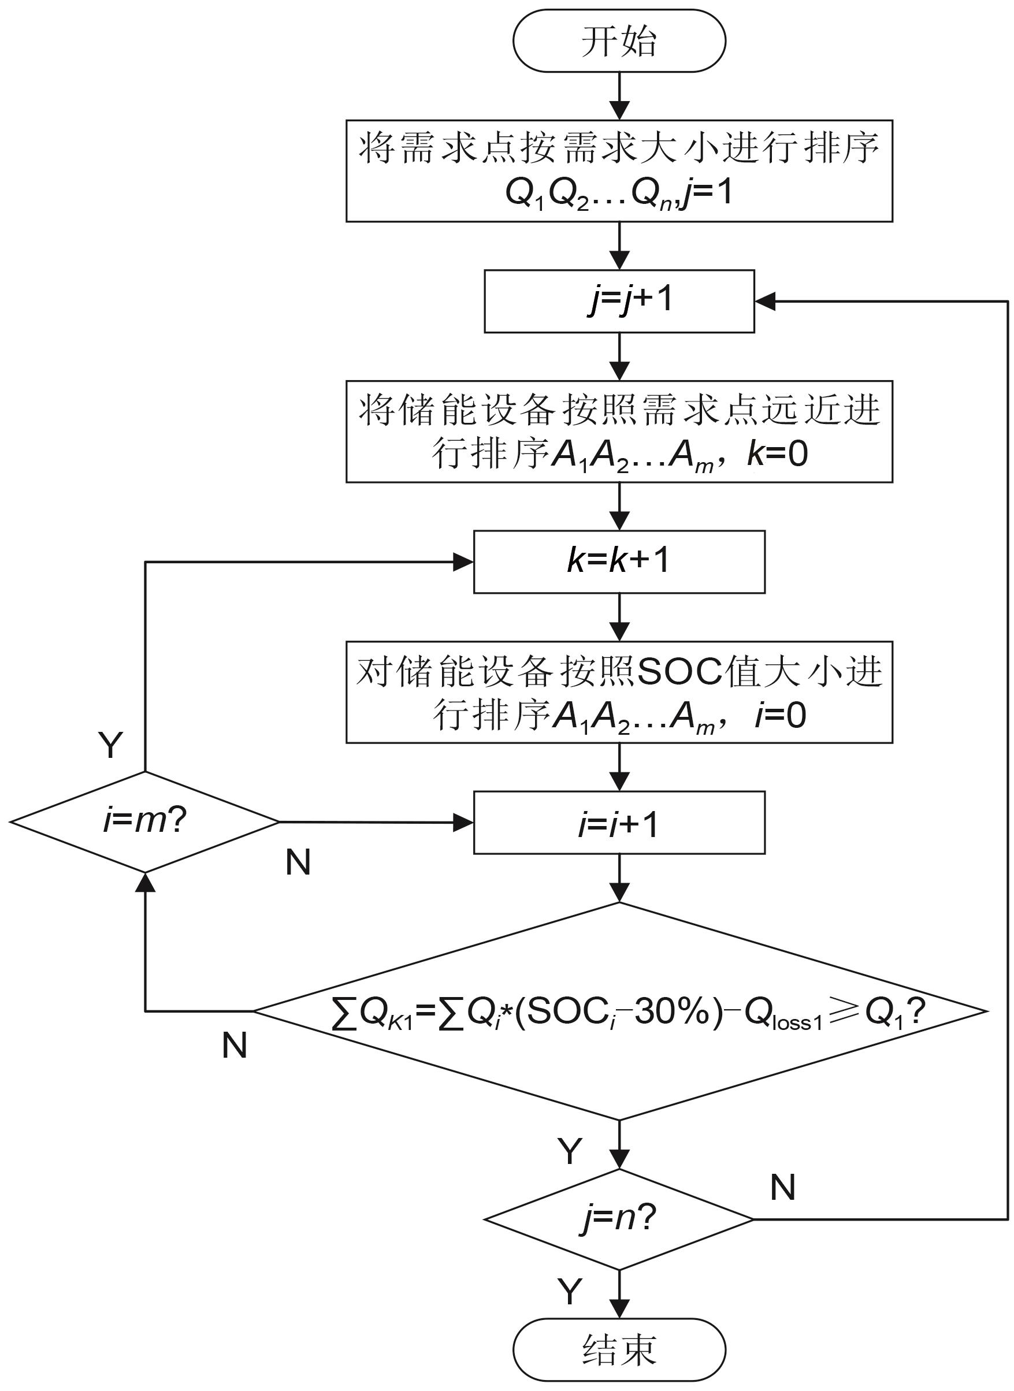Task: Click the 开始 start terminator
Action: pyautogui.click(x=619, y=41)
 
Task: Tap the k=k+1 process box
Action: pyautogui.click(x=619, y=561)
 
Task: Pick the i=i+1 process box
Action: pyautogui.click(x=619, y=823)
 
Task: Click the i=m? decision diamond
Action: pyautogui.click(x=145, y=821)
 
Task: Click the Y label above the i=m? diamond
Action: pyautogui.click(x=110, y=746)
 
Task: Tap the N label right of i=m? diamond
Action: pyautogui.click(x=298, y=862)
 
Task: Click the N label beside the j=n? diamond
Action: pyautogui.click(x=782, y=1187)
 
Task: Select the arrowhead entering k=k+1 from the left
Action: pyautogui.click(x=463, y=561)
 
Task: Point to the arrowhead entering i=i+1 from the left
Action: pyautogui.click(x=463, y=823)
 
